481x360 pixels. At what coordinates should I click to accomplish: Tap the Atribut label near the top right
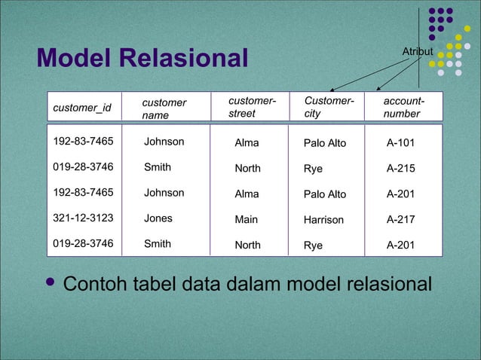pyautogui.click(x=417, y=51)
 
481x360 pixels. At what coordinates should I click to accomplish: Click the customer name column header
pyautogui.click(x=164, y=108)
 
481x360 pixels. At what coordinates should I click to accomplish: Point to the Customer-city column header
pyautogui.click(x=329, y=107)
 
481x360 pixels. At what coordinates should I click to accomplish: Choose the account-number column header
pyautogui.click(x=403, y=107)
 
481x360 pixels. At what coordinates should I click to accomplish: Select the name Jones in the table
pyautogui.click(x=158, y=218)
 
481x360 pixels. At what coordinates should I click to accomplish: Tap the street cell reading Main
pyautogui.click(x=246, y=220)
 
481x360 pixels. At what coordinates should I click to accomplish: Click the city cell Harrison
pyautogui.click(x=323, y=220)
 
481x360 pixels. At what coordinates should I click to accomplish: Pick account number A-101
pyautogui.click(x=400, y=142)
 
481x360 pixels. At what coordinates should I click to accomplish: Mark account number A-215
pyautogui.click(x=400, y=169)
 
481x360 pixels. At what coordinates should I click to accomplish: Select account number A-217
pyautogui.click(x=400, y=220)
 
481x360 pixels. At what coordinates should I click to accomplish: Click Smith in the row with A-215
pyautogui.click(x=158, y=167)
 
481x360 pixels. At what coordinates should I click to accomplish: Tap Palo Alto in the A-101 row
pyautogui.click(x=325, y=142)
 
